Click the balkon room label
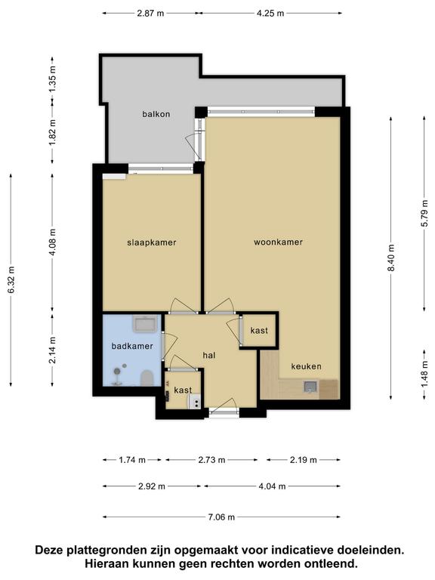[156, 114]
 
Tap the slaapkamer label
[152, 242]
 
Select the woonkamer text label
[278, 242]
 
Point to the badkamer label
[132, 346]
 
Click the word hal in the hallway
[209, 356]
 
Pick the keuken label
[307, 366]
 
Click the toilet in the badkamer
[147, 378]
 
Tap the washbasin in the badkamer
[146, 324]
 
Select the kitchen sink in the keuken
[310, 387]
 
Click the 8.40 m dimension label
[391, 258]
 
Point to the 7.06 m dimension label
[221, 517]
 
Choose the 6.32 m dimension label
[11, 279]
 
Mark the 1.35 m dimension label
[53, 79]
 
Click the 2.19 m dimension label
[304, 460]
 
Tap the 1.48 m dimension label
[424, 374]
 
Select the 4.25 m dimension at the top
[270, 14]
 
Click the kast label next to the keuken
[259, 330]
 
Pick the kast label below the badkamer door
[183, 390]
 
